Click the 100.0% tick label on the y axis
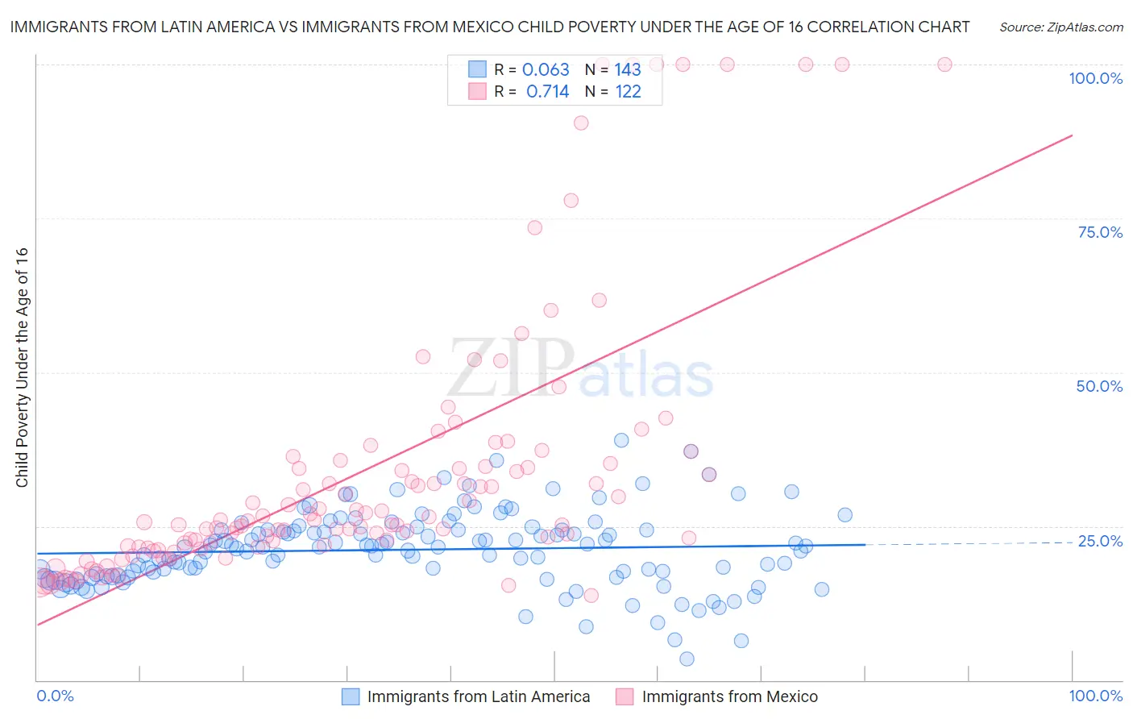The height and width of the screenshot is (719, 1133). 1095,78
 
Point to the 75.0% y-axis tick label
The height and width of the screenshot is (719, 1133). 1100,232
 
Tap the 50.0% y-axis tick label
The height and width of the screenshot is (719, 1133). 1099,386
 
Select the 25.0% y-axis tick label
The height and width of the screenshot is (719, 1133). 1100,540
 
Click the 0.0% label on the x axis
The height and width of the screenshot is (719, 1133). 55,696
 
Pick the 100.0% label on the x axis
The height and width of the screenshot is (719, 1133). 1095,696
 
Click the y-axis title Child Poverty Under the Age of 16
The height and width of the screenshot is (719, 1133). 23,367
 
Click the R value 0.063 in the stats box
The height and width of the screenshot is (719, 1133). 546,69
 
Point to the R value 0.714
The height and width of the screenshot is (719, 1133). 547,91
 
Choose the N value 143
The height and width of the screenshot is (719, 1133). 628,69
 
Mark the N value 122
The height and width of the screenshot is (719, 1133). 628,91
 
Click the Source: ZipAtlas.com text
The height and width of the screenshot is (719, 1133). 1060,27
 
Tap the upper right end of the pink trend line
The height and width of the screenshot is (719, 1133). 1072,135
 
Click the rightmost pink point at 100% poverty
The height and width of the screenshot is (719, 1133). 944,64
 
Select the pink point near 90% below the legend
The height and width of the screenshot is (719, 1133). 581,123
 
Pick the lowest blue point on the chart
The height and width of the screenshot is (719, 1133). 687,659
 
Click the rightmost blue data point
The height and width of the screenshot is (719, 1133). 845,515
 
